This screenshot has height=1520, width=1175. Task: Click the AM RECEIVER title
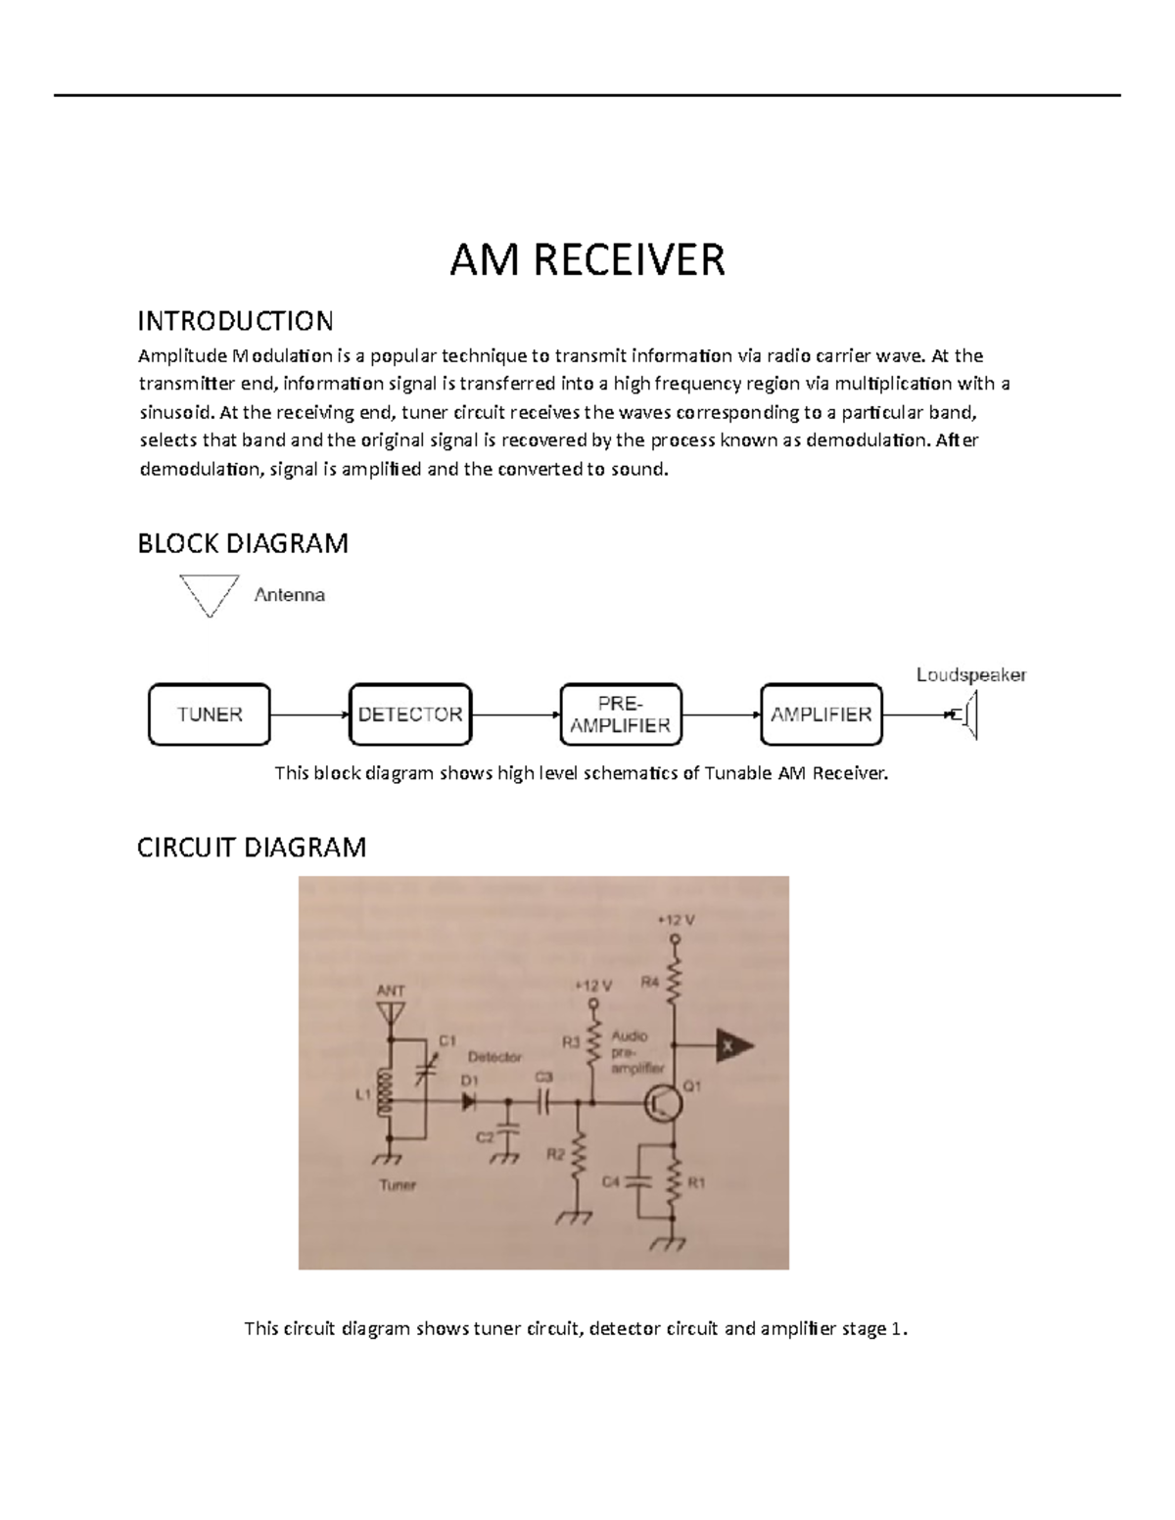587,260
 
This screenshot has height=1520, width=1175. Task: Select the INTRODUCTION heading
235,320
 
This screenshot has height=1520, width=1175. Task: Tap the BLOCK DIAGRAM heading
243,543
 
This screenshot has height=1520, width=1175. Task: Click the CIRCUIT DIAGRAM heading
252,847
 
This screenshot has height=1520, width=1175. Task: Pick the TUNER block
209,714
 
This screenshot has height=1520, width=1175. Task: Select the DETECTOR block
409,714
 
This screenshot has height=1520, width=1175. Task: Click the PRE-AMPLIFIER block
621,714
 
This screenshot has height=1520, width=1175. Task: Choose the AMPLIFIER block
821,714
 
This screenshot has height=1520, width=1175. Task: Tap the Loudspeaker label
970,674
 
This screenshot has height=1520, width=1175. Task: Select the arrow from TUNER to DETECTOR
308,714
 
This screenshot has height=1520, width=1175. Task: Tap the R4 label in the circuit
650,983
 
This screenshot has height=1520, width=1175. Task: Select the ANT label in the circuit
390,990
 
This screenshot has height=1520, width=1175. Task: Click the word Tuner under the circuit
397,1185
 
